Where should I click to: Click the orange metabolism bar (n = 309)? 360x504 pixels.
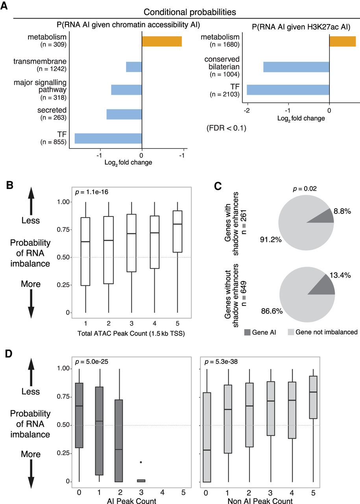pos(162,41)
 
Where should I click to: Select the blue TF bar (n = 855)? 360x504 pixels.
pos(108,138)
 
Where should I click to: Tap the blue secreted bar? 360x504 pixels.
pos(124,114)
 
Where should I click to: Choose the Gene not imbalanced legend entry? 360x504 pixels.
pos(323,332)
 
